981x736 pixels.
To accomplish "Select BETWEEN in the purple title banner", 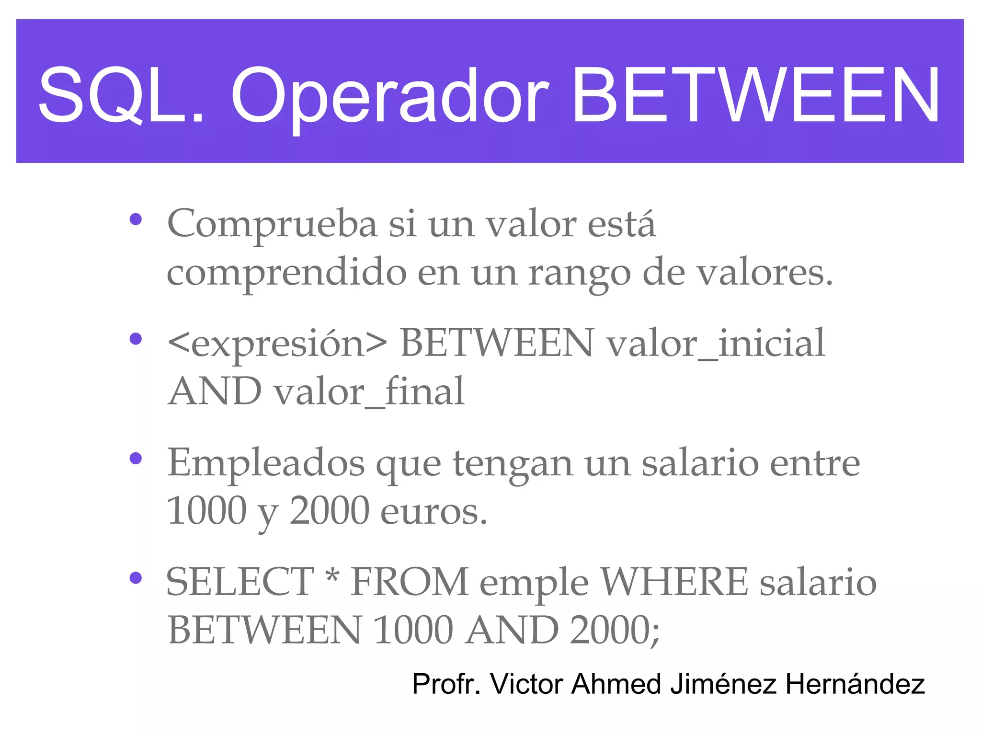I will (x=756, y=95).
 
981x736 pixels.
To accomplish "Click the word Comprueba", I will (x=272, y=224).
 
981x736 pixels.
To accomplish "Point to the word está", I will (x=621, y=223).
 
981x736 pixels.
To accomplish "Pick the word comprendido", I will (x=286, y=272).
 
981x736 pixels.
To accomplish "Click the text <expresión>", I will (x=277, y=344).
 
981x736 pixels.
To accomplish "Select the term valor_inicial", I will (x=716, y=343).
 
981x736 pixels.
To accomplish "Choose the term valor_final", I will (x=369, y=391).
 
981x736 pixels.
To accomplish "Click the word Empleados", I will (x=266, y=463).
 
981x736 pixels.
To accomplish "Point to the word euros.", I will (x=433, y=512).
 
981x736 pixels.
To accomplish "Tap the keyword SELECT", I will (x=240, y=582).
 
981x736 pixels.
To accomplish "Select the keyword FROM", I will (x=410, y=582).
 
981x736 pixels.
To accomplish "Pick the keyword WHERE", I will (x=674, y=582).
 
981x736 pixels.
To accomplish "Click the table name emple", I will (x=534, y=585).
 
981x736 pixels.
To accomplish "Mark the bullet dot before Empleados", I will (x=136, y=459).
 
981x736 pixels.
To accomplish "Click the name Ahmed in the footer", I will (x=616, y=684).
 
